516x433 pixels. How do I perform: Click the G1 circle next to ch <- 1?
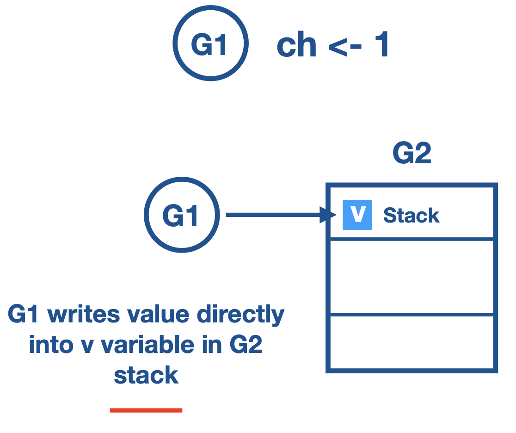pos(210,43)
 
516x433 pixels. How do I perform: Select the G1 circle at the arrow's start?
pos(181,215)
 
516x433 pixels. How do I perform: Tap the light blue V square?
pos(357,215)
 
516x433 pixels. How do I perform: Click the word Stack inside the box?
pos(411,216)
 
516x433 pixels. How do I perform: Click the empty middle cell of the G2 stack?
pos(412,277)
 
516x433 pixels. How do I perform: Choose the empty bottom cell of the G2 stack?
pos(412,343)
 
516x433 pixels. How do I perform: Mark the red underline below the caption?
pos(146,410)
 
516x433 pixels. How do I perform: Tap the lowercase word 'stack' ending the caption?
pos(146,375)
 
